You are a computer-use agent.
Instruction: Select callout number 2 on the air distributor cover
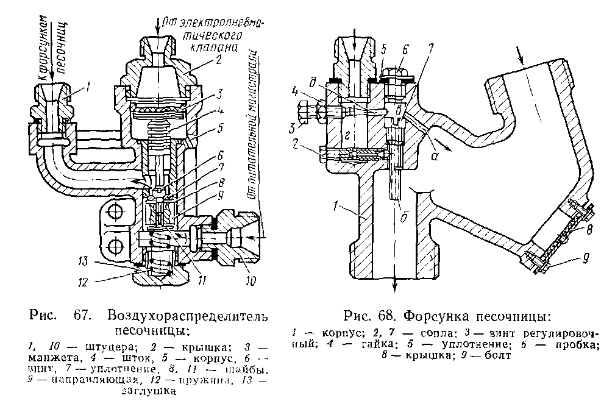pos(218,59)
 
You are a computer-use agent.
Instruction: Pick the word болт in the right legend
pos(490,357)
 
